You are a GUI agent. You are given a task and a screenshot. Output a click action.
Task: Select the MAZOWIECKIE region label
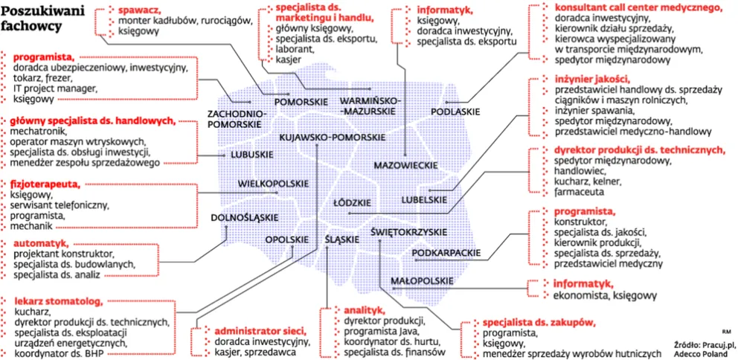[405, 164]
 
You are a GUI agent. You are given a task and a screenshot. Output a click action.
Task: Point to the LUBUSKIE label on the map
[250, 155]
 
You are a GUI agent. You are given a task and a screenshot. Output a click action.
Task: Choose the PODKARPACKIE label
[445, 254]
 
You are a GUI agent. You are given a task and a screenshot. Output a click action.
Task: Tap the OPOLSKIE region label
[286, 240]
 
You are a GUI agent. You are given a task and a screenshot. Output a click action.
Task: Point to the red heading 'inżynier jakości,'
[591, 78]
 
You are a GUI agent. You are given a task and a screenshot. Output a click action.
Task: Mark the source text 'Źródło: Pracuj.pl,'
[704, 345]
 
